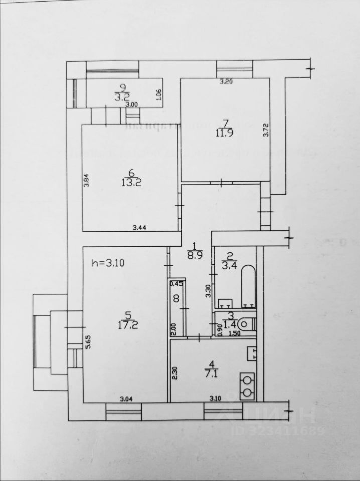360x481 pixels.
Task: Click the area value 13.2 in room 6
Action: [129, 182]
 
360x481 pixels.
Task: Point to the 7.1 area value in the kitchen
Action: [210, 373]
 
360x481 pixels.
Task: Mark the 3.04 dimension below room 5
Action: [127, 399]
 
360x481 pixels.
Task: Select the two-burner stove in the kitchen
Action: [247, 387]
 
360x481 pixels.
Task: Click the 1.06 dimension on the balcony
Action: [159, 94]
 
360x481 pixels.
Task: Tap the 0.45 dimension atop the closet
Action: [175, 284]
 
